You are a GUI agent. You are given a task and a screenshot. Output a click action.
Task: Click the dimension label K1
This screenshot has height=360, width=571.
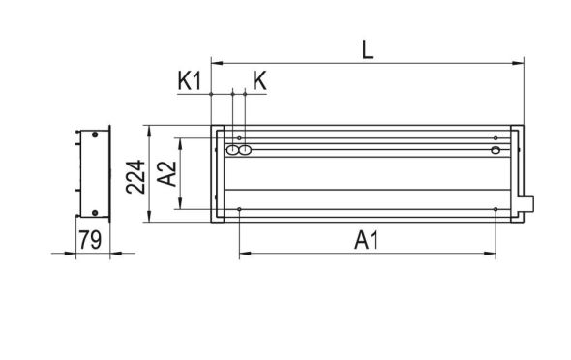pyautogui.click(x=190, y=80)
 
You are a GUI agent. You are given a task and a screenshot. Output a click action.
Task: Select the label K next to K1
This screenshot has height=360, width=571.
pyautogui.click(x=258, y=80)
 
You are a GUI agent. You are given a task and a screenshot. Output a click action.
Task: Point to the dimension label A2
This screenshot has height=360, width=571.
pyautogui.click(x=165, y=174)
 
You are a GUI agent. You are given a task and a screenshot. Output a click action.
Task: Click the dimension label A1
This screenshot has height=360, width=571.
pyautogui.click(x=366, y=239)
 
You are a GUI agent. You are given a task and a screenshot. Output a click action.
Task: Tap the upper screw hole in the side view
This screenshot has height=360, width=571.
pyautogui.click(x=94, y=136)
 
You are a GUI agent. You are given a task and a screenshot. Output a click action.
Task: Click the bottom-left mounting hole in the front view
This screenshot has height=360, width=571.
pyautogui.click(x=238, y=209)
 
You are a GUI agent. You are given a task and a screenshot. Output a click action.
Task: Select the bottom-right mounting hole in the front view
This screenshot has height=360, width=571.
pyautogui.click(x=495, y=209)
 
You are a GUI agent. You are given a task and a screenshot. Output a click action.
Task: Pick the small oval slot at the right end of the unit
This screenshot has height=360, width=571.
pyautogui.click(x=495, y=150)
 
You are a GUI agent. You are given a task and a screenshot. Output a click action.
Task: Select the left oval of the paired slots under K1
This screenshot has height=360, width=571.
pyautogui.click(x=232, y=150)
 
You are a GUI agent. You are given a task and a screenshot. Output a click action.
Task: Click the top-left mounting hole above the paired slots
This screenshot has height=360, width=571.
pyautogui.click(x=238, y=138)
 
